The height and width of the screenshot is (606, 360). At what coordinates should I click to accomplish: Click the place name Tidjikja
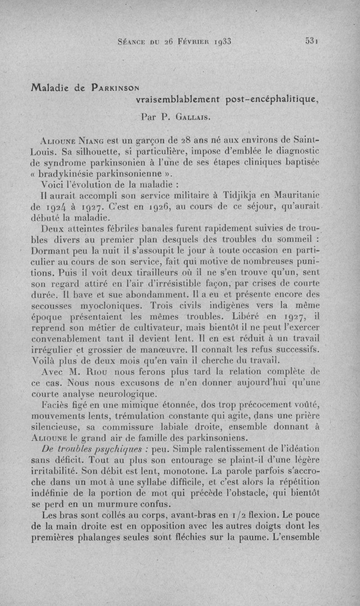243,196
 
